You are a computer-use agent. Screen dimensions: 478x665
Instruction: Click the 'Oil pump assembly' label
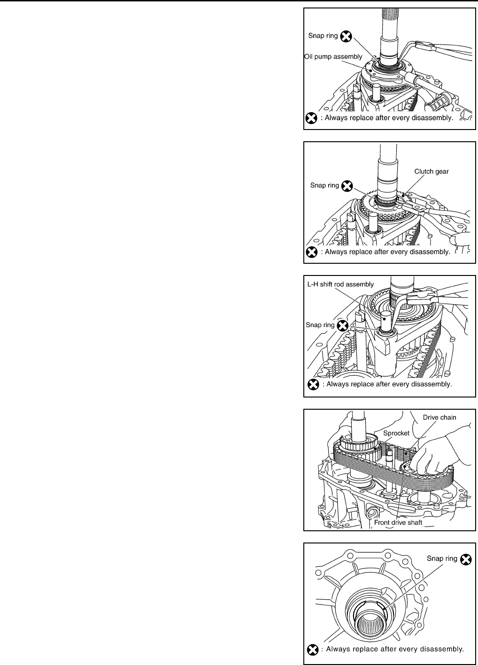tap(333, 57)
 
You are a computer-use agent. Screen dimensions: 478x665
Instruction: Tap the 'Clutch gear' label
tap(431, 172)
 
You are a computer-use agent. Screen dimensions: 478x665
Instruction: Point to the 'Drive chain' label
tap(439, 417)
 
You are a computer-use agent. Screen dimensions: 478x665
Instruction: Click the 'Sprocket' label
tap(396, 433)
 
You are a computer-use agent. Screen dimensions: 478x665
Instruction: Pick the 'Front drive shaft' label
tap(398, 522)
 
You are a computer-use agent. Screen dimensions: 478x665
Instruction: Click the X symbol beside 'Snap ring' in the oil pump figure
tap(346, 36)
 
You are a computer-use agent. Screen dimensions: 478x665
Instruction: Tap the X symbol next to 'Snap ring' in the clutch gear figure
tap(347, 186)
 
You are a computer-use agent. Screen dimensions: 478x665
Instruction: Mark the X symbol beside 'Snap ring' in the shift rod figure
tap(343, 325)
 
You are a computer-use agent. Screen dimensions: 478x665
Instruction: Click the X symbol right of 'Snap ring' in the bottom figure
tap(465, 559)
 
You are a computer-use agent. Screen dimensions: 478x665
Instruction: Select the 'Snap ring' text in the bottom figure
tap(442, 558)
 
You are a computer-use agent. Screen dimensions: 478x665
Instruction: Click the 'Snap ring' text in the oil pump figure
tap(323, 36)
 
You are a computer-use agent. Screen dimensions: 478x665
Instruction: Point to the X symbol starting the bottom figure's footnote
tap(311, 650)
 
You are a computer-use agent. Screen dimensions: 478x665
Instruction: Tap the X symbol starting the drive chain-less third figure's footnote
tap(311, 384)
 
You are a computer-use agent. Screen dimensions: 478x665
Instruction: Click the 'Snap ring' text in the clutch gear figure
tap(324, 186)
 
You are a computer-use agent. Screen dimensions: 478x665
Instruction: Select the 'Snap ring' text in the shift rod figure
tap(320, 325)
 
